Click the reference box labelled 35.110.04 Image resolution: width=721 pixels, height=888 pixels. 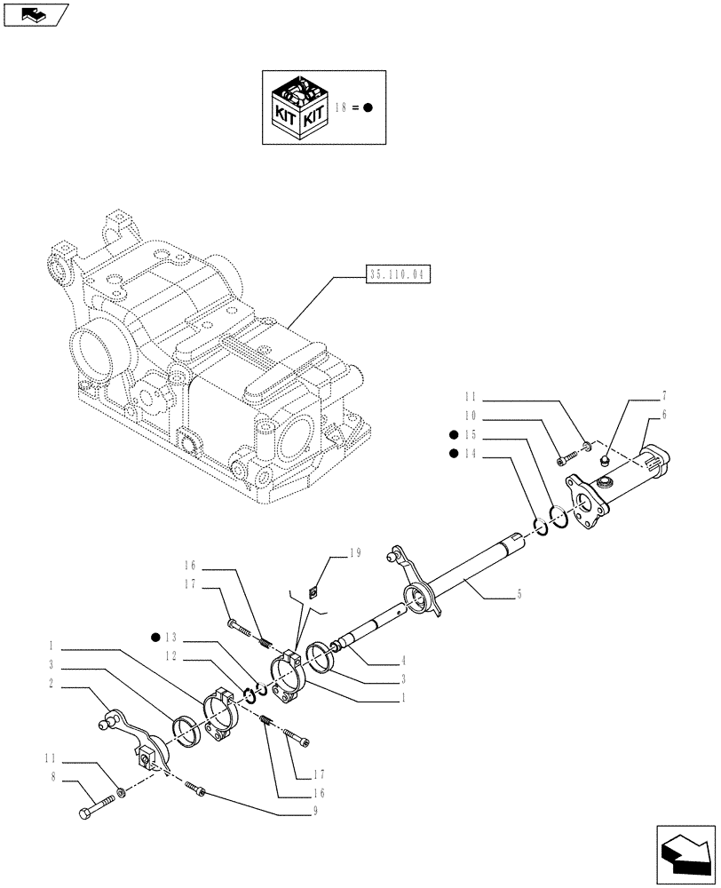coord(396,275)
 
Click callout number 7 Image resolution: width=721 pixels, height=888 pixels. coord(664,396)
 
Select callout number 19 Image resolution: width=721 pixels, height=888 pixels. coord(354,553)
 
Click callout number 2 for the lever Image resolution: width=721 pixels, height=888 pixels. coord(53,685)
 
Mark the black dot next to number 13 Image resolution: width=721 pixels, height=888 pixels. coord(155,637)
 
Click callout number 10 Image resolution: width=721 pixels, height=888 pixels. coord(470,415)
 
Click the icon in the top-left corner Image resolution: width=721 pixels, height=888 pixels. coord(36,14)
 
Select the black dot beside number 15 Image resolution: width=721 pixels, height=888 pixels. coord(454,434)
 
